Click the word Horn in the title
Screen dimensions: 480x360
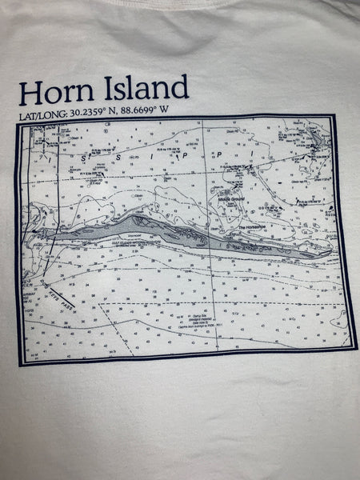click(x=52, y=92)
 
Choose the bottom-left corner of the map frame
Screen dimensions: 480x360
click(x=22, y=365)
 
